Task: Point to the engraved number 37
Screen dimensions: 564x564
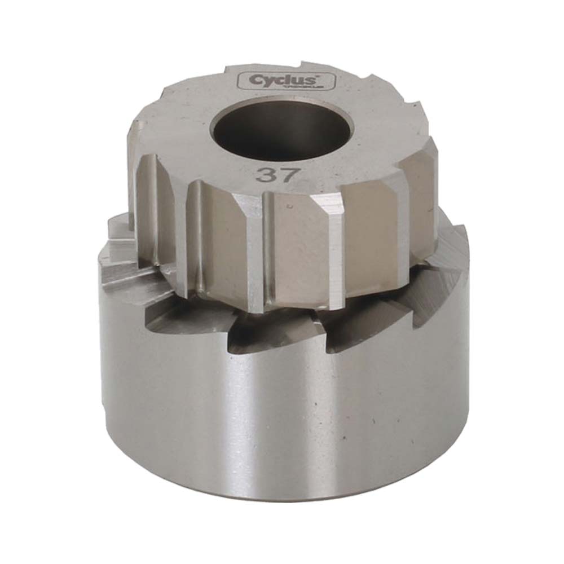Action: tap(276, 174)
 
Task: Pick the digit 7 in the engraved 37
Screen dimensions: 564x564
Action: tap(286, 174)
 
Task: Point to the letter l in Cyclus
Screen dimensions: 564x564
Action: tap(294, 80)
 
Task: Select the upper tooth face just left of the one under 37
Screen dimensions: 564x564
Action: tap(226, 237)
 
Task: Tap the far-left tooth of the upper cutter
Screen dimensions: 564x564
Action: tap(148, 203)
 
